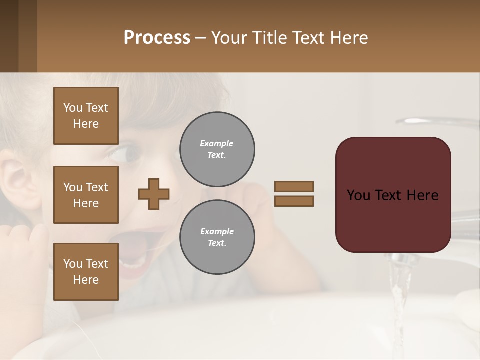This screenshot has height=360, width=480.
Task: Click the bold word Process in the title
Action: (157, 38)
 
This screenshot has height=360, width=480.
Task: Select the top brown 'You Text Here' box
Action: (86, 116)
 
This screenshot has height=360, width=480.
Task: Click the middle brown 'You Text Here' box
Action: (86, 195)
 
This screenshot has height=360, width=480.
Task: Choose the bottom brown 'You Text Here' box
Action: (86, 272)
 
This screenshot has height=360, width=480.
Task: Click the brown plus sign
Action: (154, 194)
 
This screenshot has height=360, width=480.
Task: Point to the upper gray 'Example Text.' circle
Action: (217, 149)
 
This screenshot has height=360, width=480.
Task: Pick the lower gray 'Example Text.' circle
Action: (217, 237)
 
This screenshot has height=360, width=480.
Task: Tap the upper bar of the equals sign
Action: (294, 186)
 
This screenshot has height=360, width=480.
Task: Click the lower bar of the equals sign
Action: (294, 201)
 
